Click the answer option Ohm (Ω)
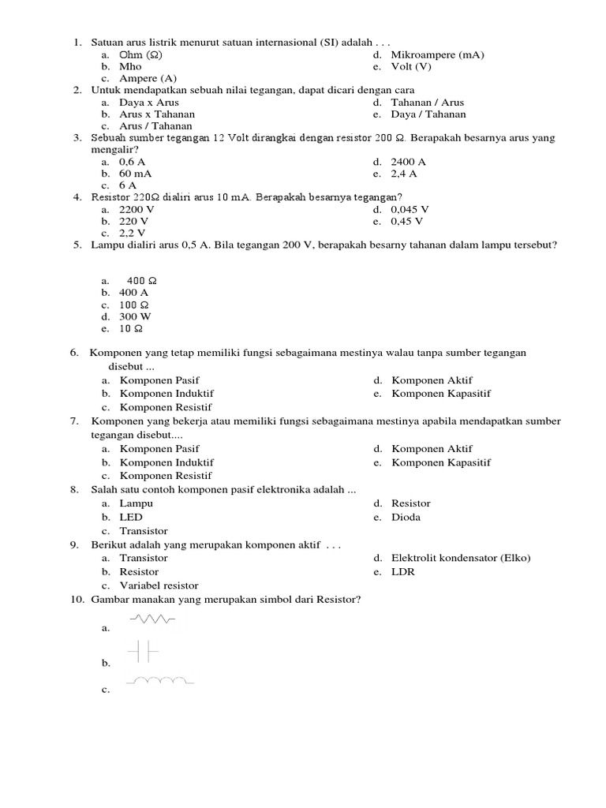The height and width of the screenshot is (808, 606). click(x=140, y=54)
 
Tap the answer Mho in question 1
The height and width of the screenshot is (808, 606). click(x=130, y=66)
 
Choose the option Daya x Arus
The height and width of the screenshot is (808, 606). click(x=148, y=103)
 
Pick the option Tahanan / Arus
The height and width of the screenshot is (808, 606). click(x=427, y=103)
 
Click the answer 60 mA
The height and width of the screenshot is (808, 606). click(x=136, y=174)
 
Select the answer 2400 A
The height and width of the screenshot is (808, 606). click(x=408, y=162)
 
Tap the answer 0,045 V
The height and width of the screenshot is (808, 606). click(x=410, y=210)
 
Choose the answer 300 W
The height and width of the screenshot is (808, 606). click(x=134, y=316)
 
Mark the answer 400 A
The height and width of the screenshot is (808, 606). click(x=133, y=293)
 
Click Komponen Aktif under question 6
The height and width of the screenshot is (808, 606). click(x=432, y=380)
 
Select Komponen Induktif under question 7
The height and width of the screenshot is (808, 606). click(x=166, y=462)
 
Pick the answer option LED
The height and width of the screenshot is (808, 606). click(x=131, y=518)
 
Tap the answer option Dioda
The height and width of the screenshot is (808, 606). click(x=406, y=518)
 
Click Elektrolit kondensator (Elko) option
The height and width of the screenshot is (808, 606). click(x=461, y=558)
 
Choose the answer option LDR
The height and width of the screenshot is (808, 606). click(x=402, y=572)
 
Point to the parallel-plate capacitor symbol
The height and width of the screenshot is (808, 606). click(x=143, y=651)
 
